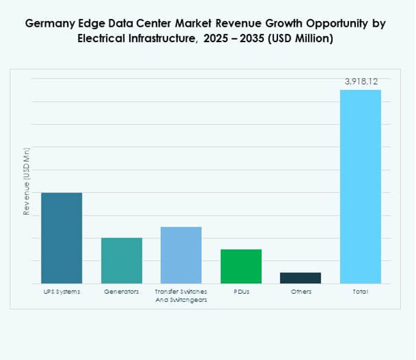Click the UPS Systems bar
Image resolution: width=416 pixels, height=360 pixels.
click(x=61, y=237)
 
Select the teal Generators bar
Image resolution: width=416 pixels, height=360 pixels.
click(x=121, y=260)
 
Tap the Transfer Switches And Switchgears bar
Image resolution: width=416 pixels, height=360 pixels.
click(x=181, y=255)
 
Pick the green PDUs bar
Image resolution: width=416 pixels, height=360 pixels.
click(x=241, y=266)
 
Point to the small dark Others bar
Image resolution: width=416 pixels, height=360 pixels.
click(x=300, y=278)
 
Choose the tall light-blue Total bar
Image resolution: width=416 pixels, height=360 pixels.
click(x=360, y=186)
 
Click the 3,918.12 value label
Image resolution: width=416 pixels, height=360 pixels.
click(x=361, y=82)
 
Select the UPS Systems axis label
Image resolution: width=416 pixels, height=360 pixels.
click(x=61, y=292)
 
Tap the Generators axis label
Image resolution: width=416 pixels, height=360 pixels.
click(x=121, y=292)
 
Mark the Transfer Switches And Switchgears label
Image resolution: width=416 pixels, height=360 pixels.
click(x=181, y=296)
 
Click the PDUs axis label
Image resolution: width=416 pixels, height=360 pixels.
click(x=241, y=292)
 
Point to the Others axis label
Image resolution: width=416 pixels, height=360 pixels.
click(x=300, y=292)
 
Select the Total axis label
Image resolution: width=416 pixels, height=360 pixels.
click(x=360, y=292)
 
